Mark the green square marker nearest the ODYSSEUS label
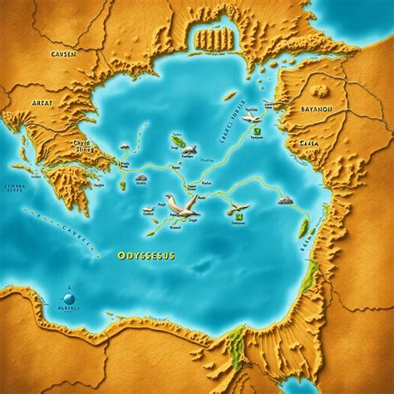tap(229, 220)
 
